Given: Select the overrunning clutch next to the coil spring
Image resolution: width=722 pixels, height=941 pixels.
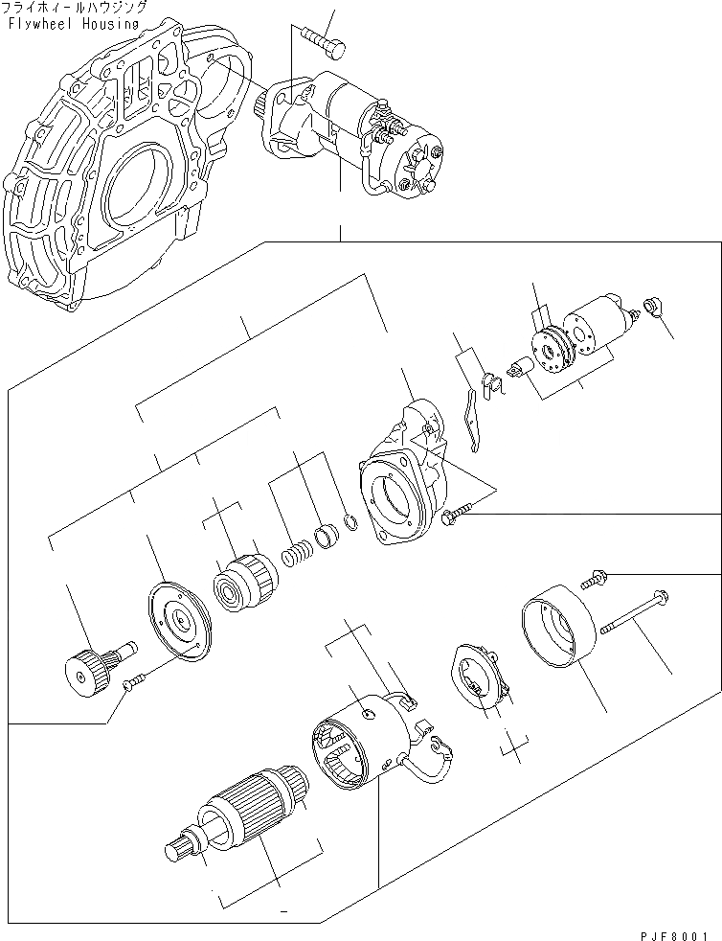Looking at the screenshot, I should point(245,579).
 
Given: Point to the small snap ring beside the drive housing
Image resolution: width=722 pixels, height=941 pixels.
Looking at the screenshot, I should point(351,524).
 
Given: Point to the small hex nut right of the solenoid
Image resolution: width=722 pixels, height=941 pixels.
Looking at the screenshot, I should point(655,308).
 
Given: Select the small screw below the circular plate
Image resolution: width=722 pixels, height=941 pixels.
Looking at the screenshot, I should point(134,681).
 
